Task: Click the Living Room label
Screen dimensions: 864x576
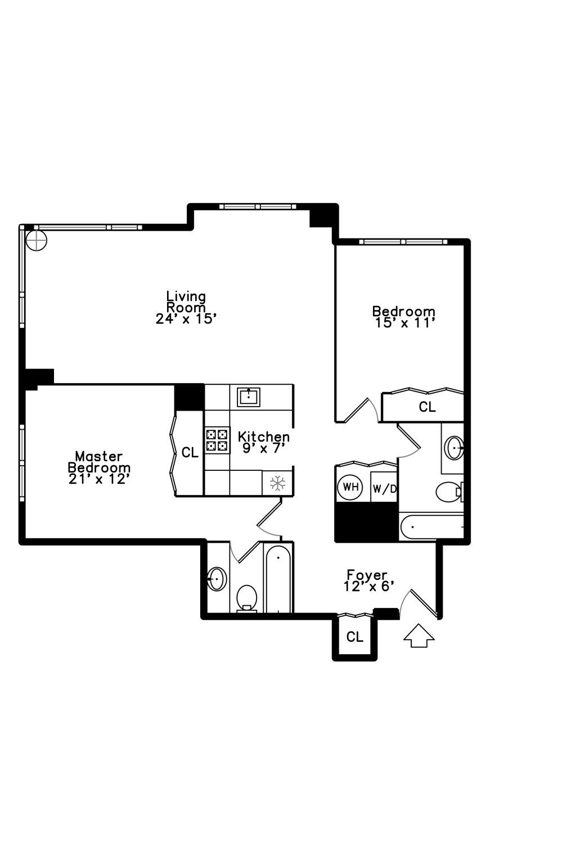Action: click(x=186, y=307)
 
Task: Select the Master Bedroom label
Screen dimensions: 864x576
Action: click(x=99, y=467)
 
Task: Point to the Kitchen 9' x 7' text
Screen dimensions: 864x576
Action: click(x=264, y=442)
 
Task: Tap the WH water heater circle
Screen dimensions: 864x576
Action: click(x=350, y=487)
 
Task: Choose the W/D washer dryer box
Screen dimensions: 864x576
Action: click(x=385, y=489)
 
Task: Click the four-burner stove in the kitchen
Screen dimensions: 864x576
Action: click(x=217, y=440)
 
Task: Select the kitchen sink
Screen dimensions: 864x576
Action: click(x=249, y=396)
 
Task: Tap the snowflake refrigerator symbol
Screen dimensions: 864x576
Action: click(x=278, y=483)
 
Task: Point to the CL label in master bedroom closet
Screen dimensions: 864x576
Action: click(x=190, y=452)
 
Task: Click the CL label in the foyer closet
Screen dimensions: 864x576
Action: click(x=354, y=637)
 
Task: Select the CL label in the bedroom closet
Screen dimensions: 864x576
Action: click(x=427, y=407)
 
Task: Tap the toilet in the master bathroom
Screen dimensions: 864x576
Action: click(x=246, y=597)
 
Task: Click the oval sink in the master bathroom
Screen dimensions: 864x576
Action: click(x=217, y=578)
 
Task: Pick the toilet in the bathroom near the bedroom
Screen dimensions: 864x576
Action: click(x=448, y=492)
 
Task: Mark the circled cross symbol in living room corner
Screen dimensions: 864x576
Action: click(x=37, y=241)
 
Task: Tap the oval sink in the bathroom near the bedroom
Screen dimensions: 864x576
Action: click(x=454, y=448)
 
